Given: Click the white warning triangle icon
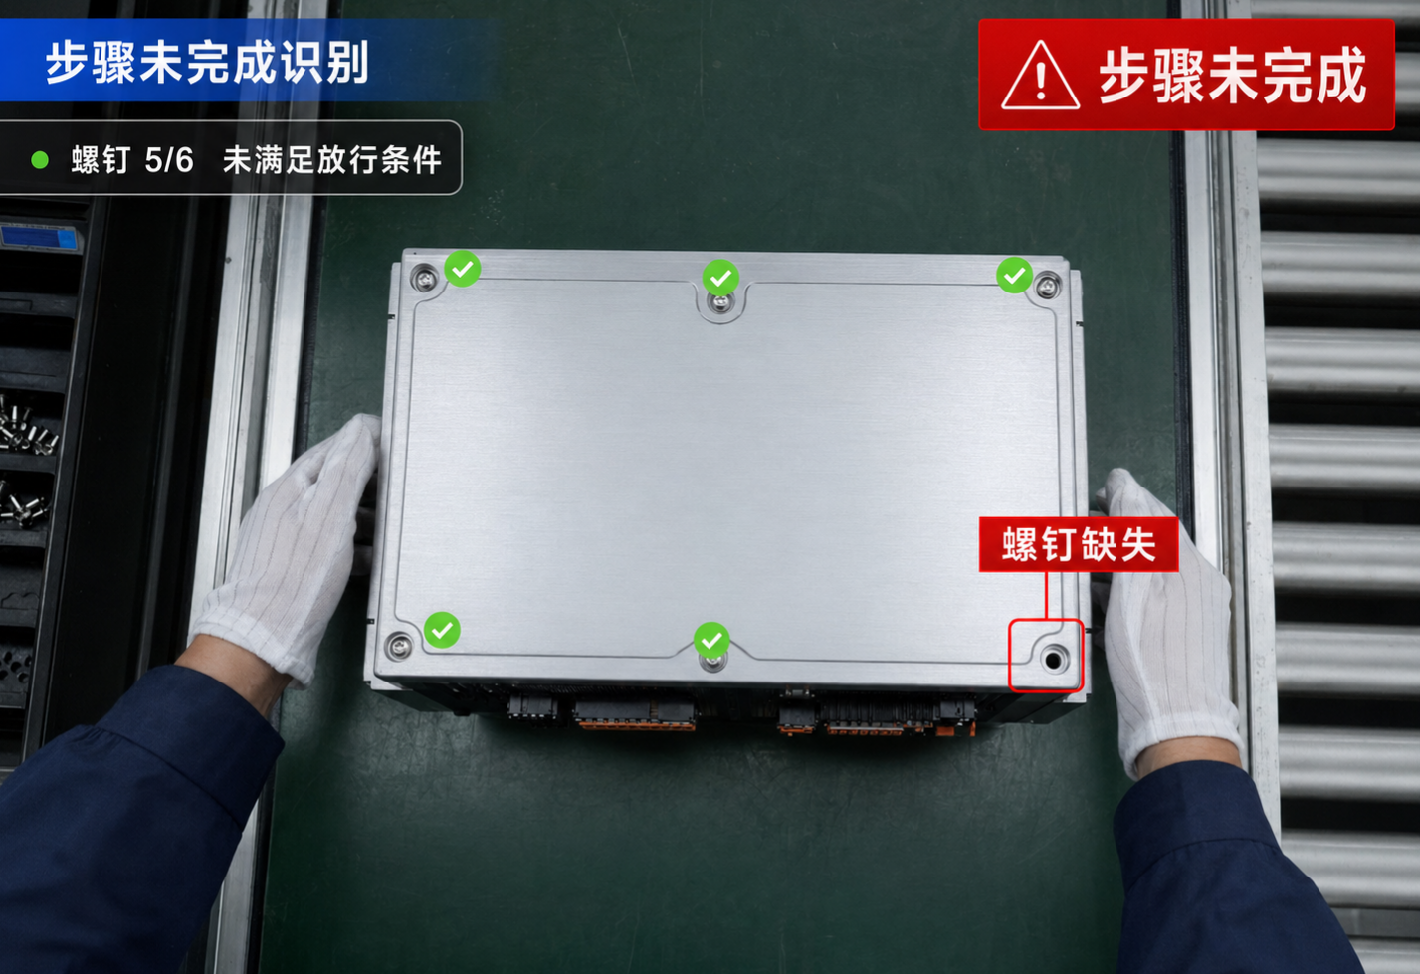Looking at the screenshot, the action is pyautogui.click(x=1040, y=76).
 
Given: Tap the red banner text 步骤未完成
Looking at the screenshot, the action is pyautogui.click(x=1232, y=76).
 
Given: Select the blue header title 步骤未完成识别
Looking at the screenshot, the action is pyautogui.click(x=207, y=62).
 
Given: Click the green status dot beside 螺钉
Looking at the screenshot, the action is pyautogui.click(x=40, y=160).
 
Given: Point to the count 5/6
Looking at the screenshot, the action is pyautogui.click(x=168, y=160).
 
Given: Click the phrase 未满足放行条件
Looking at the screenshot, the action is pyautogui.click(x=331, y=160).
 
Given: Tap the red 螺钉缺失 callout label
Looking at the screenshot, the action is pyautogui.click(x=1079, y=544).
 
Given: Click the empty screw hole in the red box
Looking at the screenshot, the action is pyautogui.click(x=1053, y=660).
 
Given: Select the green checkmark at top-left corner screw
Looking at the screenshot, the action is pyautogui.click(x=462, y=268).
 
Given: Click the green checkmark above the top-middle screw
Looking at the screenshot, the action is pyautogui.click(x=720, y=277).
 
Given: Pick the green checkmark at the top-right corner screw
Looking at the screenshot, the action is pyautogui.click(x=1014, y=275).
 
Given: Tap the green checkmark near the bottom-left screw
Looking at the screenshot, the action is pyautogui.click(x=442, y=630).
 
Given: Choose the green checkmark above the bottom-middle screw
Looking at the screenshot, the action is pyautogui.click(x=711, y=640).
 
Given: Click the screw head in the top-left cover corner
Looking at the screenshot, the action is pyautogui.click(x=424, y=278).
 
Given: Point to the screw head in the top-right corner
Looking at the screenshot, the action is pyautogui.click(x=1048, y=287).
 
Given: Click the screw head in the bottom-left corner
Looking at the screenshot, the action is pyautogui.click(x=399, y=647).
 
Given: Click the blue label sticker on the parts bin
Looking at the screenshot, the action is pyautogui.click(x=39, y=238).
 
